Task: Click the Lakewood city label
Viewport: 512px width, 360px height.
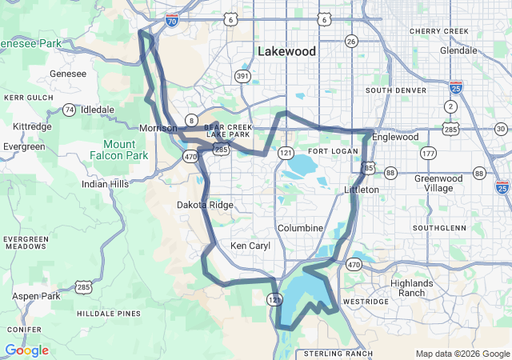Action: coord(286,51)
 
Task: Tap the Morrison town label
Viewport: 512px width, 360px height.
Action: coord(157,128)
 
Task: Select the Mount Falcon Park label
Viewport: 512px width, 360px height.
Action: coord(125,150)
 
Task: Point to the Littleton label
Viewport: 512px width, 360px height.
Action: coord(361,190)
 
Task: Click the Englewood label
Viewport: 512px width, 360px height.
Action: coord(396,137)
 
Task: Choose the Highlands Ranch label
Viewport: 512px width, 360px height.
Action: coord(412,288)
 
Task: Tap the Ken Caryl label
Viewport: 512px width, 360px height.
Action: coord(246,246)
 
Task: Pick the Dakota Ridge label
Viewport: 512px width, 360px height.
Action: coord(205,206)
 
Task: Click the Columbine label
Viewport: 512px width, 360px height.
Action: coord(300,228)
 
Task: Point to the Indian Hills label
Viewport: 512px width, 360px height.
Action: coord(105,184)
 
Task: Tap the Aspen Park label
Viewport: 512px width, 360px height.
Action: coord(36,296)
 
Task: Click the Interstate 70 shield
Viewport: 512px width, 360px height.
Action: coord(172,23)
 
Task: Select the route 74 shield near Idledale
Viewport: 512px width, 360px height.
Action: coord(70,109)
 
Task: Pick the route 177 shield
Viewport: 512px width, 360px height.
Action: coord(429,153)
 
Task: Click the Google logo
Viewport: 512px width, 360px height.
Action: coord(26,350)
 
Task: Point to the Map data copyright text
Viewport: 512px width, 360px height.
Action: coord(462,354)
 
